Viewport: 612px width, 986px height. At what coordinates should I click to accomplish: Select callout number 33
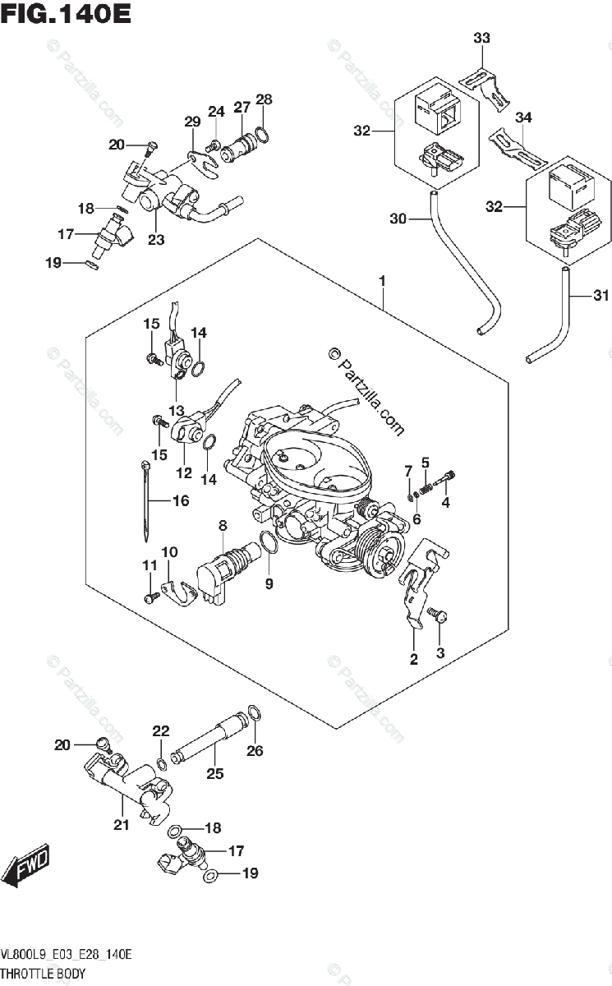[481, 38]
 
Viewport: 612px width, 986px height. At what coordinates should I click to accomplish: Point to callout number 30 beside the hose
[398, 219]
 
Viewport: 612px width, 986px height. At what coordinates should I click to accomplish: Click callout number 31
[600, 295]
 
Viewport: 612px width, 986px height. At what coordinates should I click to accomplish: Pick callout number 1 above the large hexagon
[382, 281]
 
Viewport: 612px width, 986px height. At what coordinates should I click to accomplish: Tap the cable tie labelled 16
[145, 501]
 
